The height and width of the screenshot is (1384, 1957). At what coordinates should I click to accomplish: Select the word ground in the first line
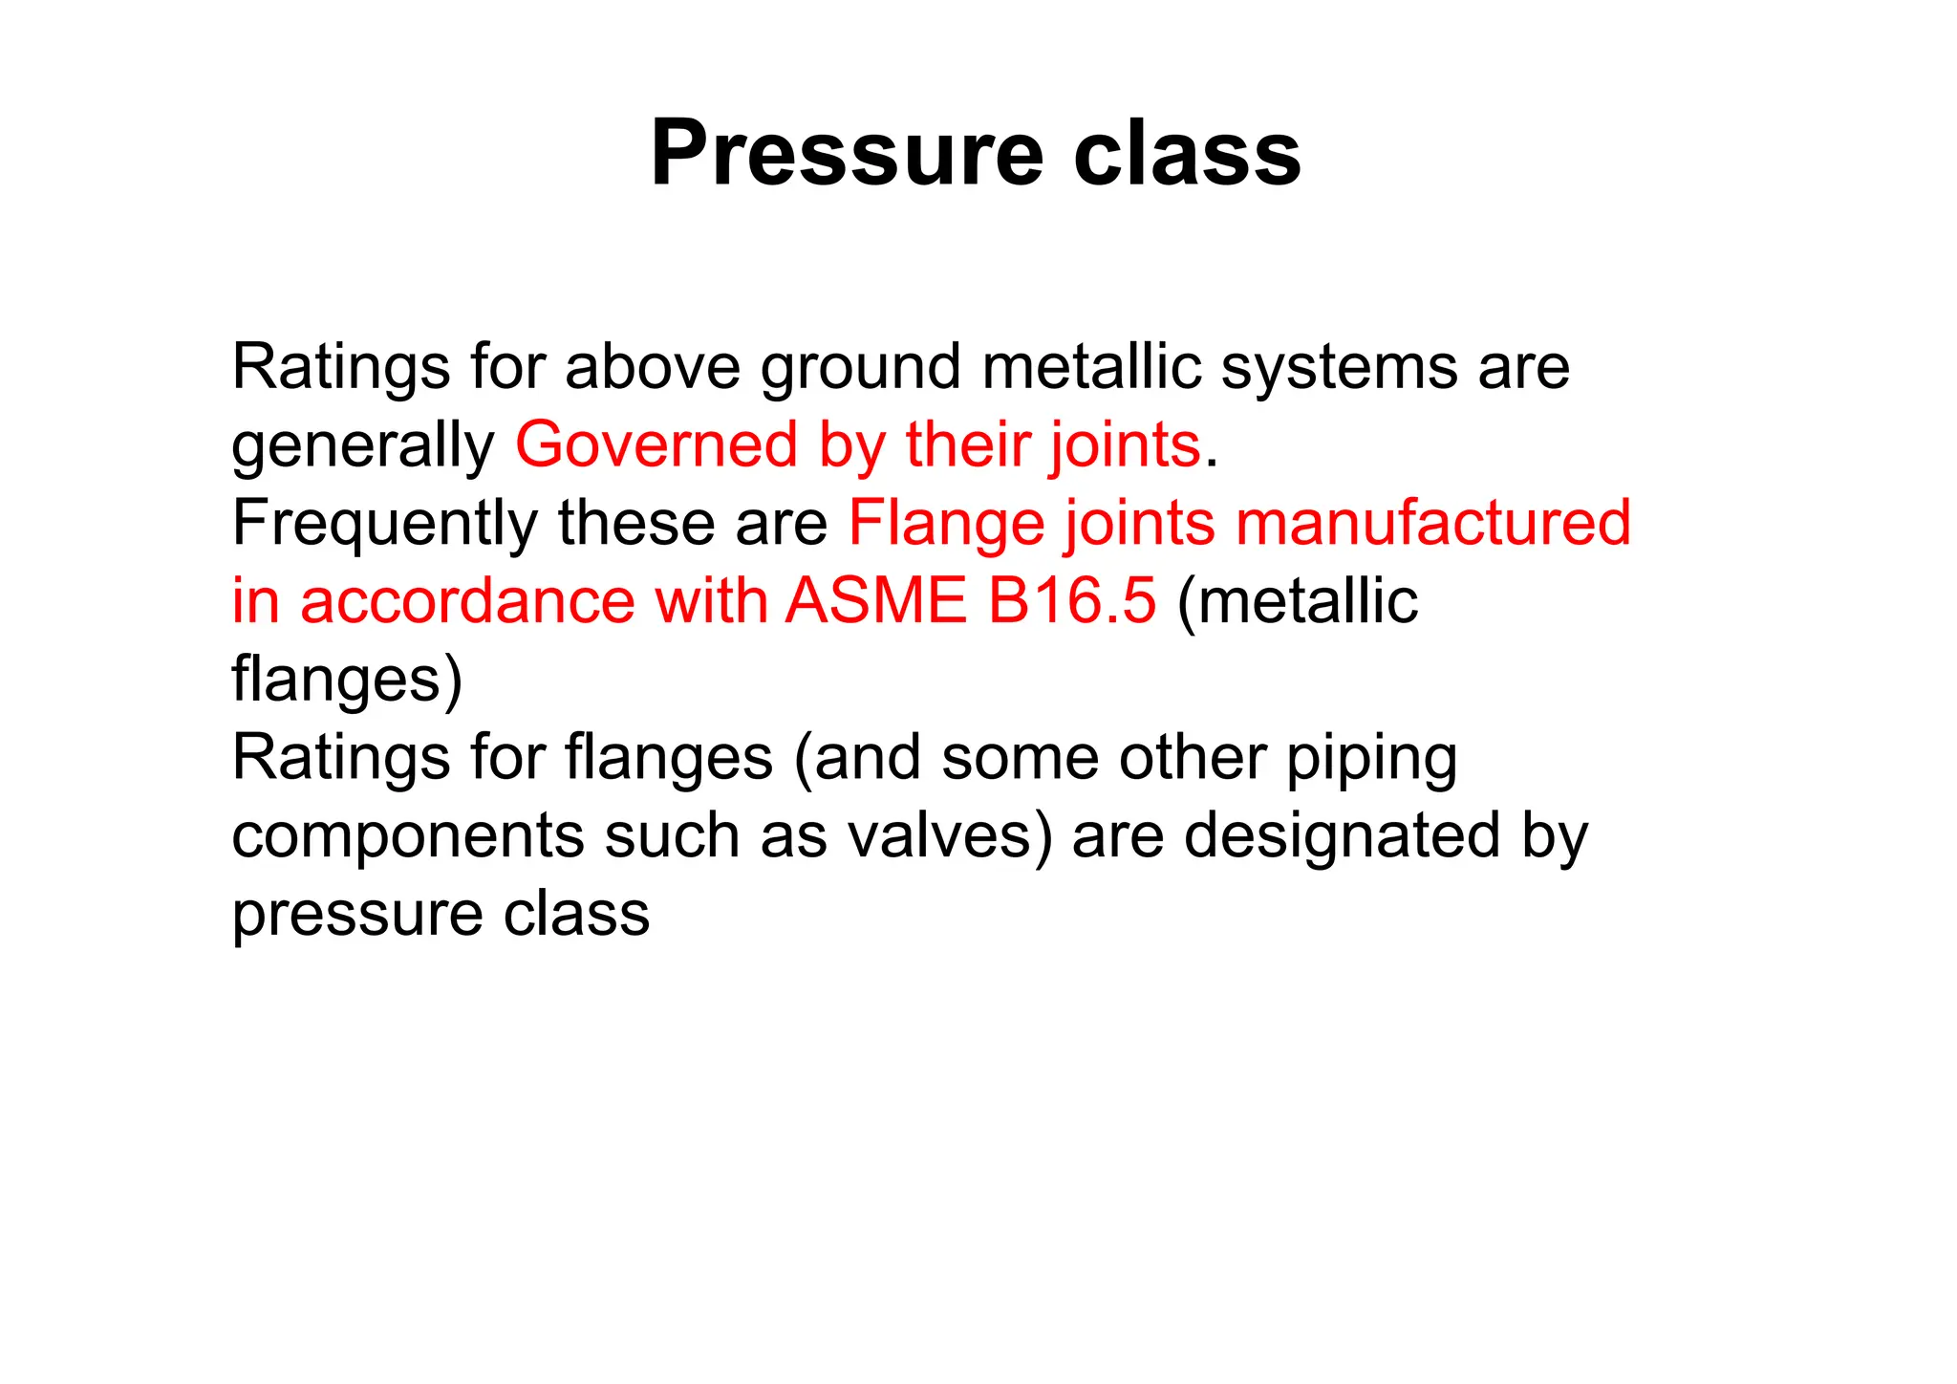pyautogui.click(x=860, y=368)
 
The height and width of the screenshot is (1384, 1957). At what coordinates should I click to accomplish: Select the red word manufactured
pyautogui.click(x=1432, y=523)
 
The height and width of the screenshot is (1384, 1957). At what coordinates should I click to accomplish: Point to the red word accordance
pyautogui.click(x=467, y=601)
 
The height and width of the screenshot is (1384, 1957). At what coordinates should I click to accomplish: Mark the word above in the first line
pyautogui.click(x=653, y=368)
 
